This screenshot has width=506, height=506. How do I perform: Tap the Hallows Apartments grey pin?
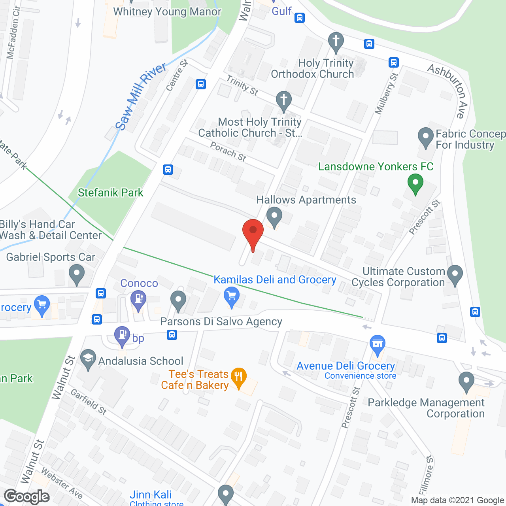coord(274,217)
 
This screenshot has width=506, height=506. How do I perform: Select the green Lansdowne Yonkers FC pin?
coord(415,184)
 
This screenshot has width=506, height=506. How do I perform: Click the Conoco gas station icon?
coord(138,299)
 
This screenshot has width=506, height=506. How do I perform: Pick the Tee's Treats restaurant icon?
coord(238,377)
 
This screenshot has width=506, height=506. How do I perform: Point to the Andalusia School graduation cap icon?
coord(88,359)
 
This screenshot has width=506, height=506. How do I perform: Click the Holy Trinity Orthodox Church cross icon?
coord(336,41)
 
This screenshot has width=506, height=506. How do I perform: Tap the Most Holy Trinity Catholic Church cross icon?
coord(283,100)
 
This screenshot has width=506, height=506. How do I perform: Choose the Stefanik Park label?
coord(110,193)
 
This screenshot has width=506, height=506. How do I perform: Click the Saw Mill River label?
coord(140,96)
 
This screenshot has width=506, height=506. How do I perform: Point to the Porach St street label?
coord(228,152)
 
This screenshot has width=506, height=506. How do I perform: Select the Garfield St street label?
coord(89,402)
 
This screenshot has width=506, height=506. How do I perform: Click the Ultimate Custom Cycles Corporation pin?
coord(455,274)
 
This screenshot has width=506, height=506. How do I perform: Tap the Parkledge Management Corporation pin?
coord(466,381)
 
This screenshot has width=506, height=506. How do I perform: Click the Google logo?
coord(27,497)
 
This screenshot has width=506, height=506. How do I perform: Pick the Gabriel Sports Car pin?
coord(77,274)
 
